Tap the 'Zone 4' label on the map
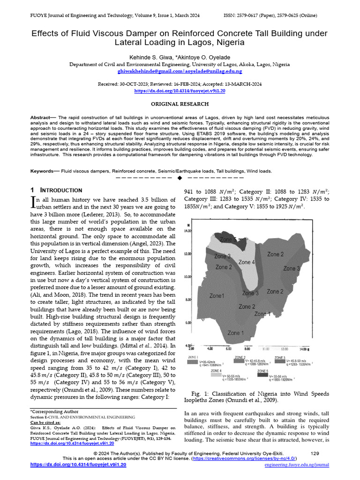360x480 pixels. tap(247, 262)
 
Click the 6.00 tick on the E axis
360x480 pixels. tap(228, 349)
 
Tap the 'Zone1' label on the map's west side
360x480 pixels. tap(217, 296)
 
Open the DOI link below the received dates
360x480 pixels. tap(180, 91)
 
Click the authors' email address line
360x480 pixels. tap(180, 71)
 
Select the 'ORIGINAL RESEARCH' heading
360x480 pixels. tap(180, 104)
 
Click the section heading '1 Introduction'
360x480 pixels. tap(56, 190)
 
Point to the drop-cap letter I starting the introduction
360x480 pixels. tap(33, 202)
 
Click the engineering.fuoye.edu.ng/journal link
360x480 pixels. tap(297, 465)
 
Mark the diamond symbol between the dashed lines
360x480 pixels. tap(180, 178)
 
